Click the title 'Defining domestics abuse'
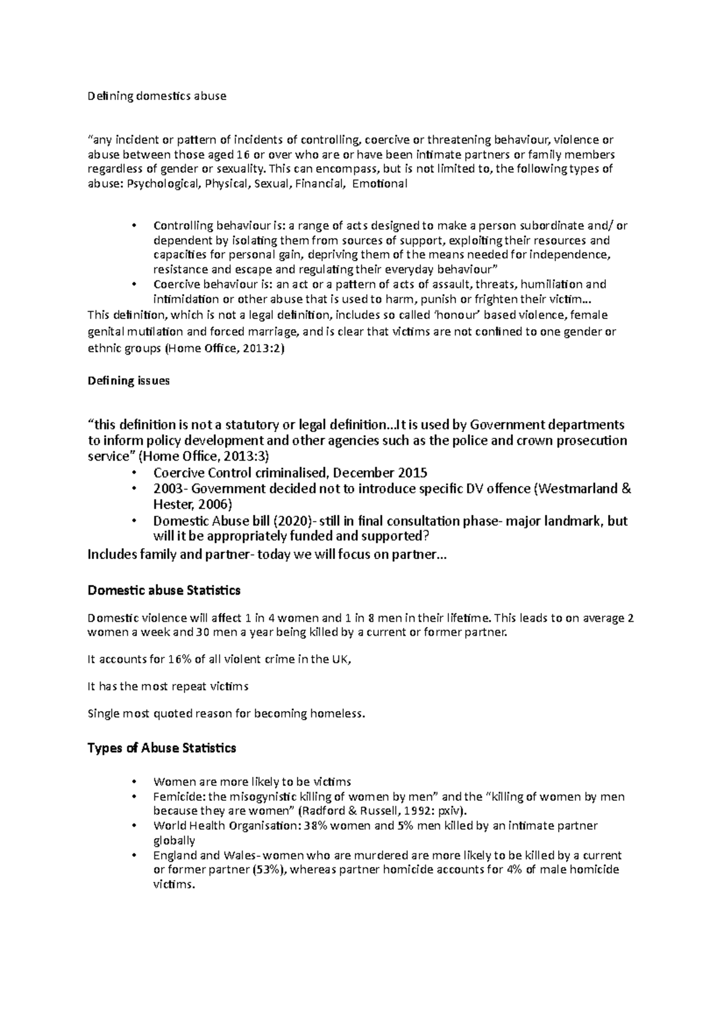click(157, 96)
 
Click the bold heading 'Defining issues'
click(129, 381)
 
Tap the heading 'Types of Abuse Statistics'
click(162, 748)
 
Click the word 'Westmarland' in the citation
click(577, 488)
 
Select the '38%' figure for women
click(318, 826)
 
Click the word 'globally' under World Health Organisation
click(174, 840)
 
